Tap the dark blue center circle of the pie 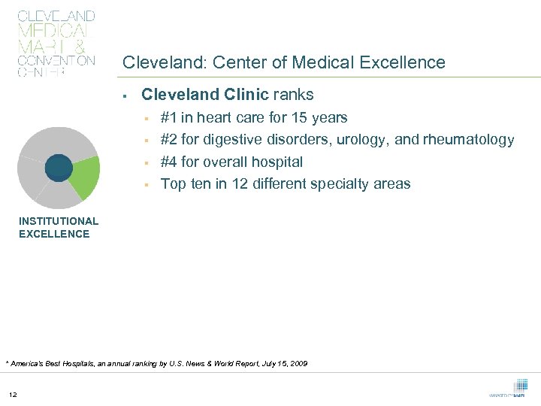click(58, 167)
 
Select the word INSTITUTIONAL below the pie click(59, 221)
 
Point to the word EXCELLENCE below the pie click(54, 234)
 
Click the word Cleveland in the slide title click(155, 63)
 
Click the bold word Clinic click(247, 95)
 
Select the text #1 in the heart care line click(169, 117)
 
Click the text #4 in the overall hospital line click(169, 162)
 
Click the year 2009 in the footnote click(298, 364)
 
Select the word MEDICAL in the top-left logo click(53, 31)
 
